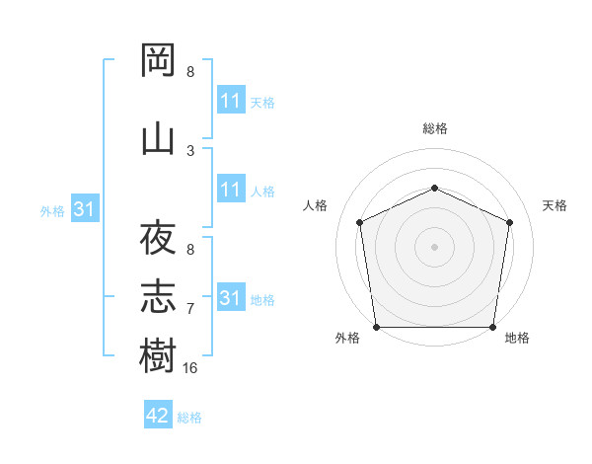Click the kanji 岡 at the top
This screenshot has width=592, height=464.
pos(158,59)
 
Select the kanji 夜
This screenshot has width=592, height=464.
pos(158,237)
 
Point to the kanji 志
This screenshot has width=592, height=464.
pos(158,296)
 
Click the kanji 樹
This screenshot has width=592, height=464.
pos(158,354)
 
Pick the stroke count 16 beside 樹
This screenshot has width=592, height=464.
pos(189,368)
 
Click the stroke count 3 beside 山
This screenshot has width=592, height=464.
pos(190,151)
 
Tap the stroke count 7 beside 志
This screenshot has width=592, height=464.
pos(190,309)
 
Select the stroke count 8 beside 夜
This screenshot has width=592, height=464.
pos(190,250)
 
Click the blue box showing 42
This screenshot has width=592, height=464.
pos(158,414)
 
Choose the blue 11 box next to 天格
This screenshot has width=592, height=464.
pos(232,99)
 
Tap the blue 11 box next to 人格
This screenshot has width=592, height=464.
pos(232,189)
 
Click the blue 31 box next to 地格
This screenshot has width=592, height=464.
pos(232,296)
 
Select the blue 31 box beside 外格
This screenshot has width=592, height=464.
pos(85,208)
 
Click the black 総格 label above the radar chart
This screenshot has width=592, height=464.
pos(435,128)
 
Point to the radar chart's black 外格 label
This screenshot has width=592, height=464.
pos(347,338)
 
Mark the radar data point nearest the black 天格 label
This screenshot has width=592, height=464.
pos(510,222)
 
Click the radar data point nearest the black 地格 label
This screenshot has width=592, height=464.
pos(492,327)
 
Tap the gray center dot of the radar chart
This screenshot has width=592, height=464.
pos(434,247)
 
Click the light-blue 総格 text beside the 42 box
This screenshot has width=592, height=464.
pos(189,418)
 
